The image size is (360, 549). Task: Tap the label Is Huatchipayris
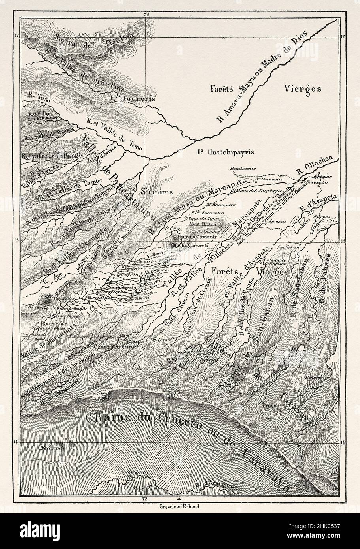point(224,152)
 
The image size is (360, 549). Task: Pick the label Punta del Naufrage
point(250,191)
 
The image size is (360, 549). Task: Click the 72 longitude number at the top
point(146,15)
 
